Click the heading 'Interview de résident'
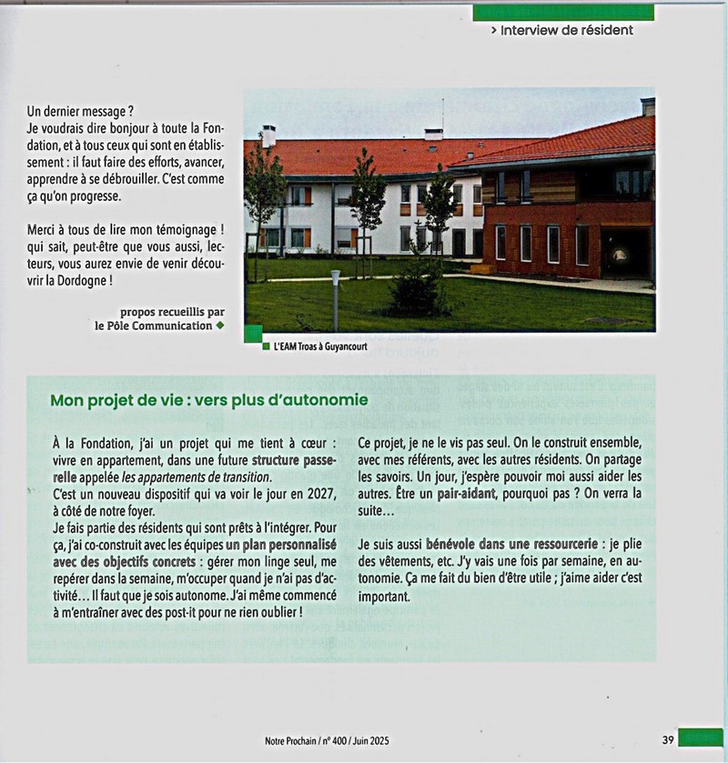click(561, 30)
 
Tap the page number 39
click(668, 739)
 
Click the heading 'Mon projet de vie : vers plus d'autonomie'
click(209, 399)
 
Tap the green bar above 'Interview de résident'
click(562, 12)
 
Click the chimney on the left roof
click(268, 136)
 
